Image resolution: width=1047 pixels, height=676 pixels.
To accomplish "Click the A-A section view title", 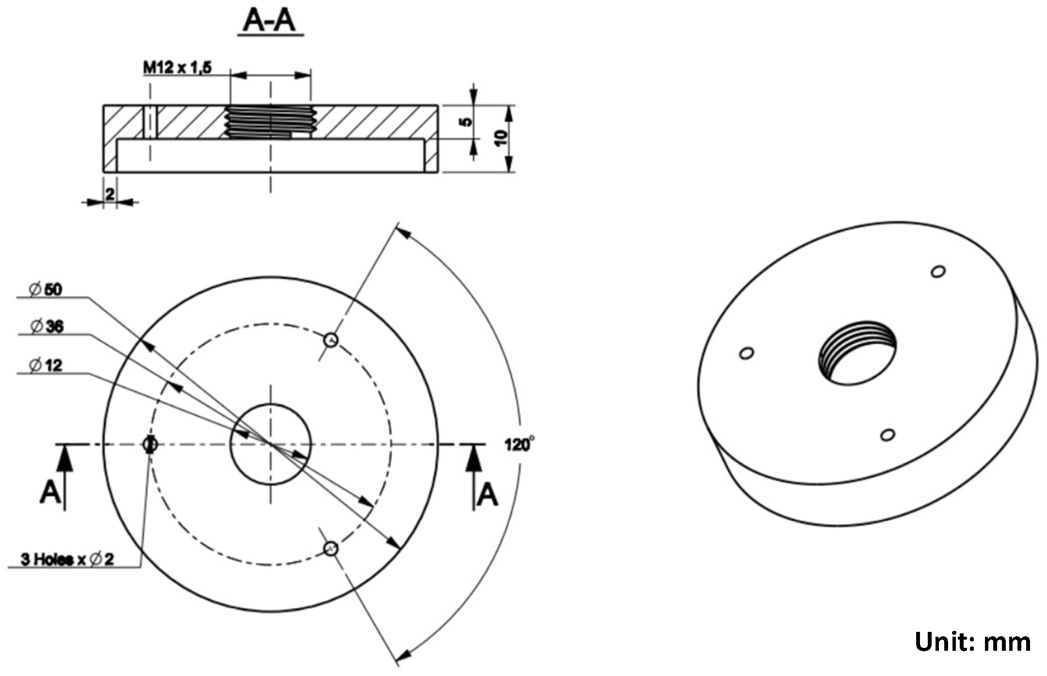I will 270,21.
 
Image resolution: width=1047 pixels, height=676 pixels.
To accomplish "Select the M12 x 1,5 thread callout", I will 177,67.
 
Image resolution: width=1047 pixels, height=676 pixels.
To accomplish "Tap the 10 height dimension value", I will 502,138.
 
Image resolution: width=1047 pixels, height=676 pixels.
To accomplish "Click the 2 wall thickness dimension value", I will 110,194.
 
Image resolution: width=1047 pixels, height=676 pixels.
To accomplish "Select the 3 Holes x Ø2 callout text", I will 67,559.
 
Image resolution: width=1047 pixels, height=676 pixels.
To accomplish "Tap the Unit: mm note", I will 972,642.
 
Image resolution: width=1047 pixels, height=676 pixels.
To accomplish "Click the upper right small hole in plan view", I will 331,339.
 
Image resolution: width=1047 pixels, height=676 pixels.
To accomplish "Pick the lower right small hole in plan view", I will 331,548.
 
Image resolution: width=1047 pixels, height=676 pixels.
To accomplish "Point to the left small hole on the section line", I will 150,444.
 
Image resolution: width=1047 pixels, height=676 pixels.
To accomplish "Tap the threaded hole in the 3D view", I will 857,352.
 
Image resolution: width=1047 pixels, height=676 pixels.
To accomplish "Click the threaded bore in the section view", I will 270,122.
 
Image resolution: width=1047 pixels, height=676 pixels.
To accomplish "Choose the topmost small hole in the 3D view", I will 938,271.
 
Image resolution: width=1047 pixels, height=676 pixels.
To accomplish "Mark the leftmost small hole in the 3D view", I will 746,353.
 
